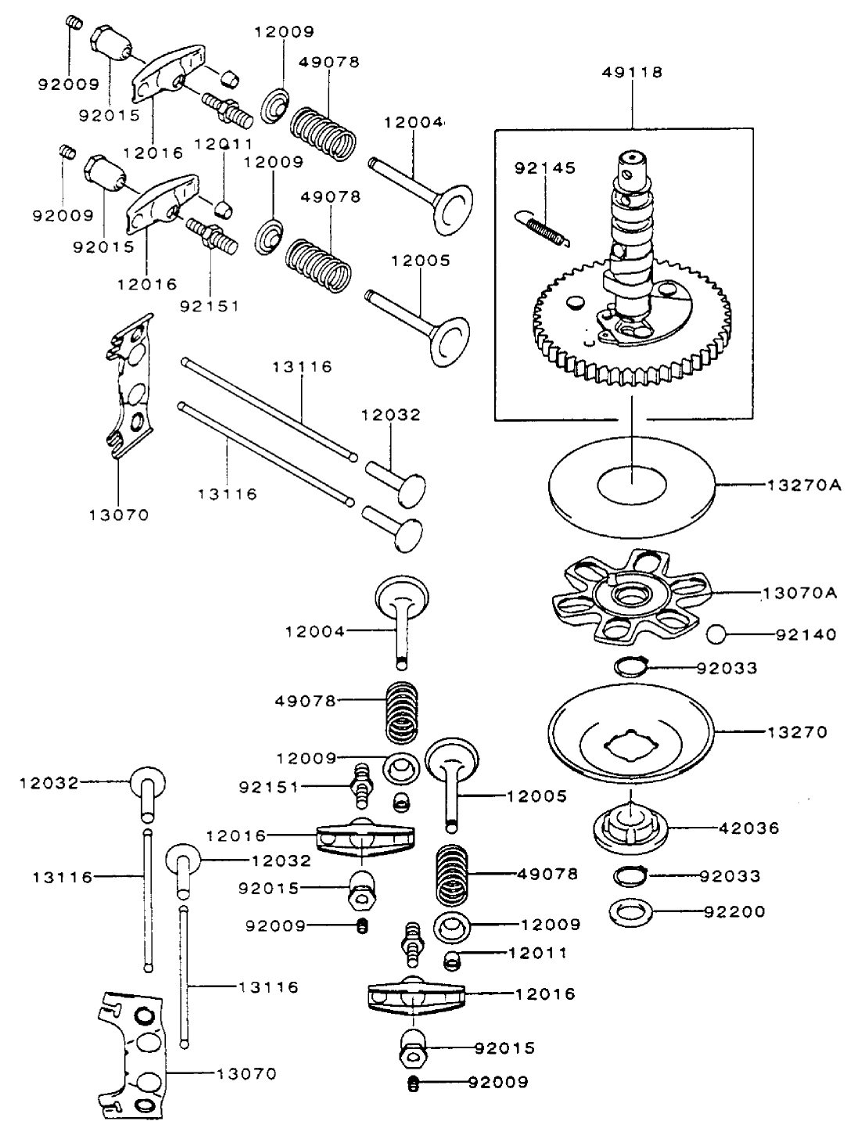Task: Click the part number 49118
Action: coord(632,72)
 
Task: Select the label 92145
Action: coord(544,168)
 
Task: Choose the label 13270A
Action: coord(803,485)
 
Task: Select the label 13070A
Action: coord(799,593)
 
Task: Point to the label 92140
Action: coord(805,634)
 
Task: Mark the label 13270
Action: coord(798,732)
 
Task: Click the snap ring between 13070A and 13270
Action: coord(631,667)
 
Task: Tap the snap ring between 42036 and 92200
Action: coord(631,875)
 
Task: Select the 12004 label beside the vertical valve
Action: coord(314,631)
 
